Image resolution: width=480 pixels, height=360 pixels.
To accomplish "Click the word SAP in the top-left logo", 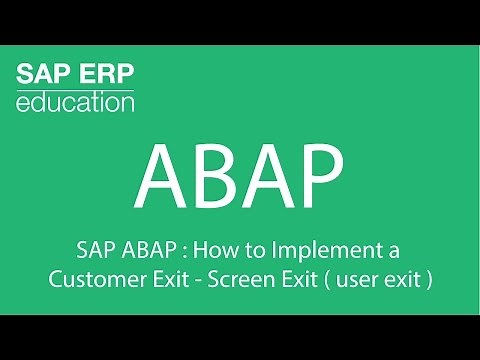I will [x=42, y=75].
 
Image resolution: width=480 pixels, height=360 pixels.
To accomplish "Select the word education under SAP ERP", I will [x=75, y=101].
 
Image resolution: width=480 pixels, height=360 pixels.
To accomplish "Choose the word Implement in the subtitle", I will [x=322, y=249].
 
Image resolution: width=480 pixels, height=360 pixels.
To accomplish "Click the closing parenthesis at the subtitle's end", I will [x=429, y=279].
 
